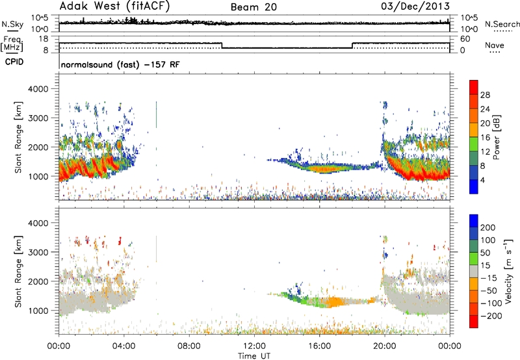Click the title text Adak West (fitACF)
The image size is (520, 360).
pyautogui.click(x=114, y=6)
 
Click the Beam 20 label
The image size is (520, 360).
pyautogui.click(x=253, y=7)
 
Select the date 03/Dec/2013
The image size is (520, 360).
pyautogui.click(x=415, y=6)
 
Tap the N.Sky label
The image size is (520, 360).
pyautogui.click(x=12, y=24)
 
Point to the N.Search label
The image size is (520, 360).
pyautogui.click(x=502, y=24)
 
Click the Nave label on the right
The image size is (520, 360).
pyautogui.click(x=495, y=45)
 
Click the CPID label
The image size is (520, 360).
pyautogui.click(x=14, y=62)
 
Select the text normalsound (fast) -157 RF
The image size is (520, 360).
pyautogui.click(x=120, y=64)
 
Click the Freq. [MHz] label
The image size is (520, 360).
pyautogui.click(x=12, y=44)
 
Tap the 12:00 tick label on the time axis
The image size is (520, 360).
pyautogui.click(x=254, y=346)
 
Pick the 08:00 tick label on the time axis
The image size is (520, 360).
pyautogui.click(x=189, y=346)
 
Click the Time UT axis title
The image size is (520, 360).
pyautogui.click(x=254, y=356)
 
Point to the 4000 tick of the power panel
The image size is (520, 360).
pyautogui.click(x=38, y=89)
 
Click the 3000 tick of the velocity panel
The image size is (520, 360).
pyautogui.click(x=38, y=252)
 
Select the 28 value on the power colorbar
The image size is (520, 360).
pyautogui.click(x=485, y=95)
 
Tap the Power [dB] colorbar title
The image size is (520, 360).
pyautogui.click(x=496, y=137)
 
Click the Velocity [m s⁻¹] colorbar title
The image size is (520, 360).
pyautogui.click(x=508, y=271)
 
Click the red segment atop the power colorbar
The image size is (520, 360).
pyautogui.click(x=474, y=87)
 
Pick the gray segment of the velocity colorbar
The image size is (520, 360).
pyautogui.click(x=474, y=271)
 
